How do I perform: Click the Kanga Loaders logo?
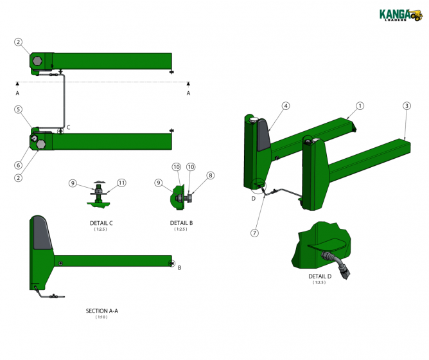click(401, 15)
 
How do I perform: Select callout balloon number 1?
click(360, 105)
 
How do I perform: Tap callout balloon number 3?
click(407, 105)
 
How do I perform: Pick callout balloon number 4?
click(285, 105)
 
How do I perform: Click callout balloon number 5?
click(19, 109)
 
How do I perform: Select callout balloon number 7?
click(255, 233)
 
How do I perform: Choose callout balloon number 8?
click(210, 175)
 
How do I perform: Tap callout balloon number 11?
click(122, 183)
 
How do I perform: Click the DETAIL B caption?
click(182, 223)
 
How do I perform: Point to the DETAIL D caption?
click(320, 276)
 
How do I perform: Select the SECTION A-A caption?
click(102, 310)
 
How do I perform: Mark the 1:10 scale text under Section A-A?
click(101, 317)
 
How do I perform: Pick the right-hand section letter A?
click(188, 93)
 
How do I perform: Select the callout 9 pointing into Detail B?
click(158, 183)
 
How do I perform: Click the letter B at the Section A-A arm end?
click(179, 267)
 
